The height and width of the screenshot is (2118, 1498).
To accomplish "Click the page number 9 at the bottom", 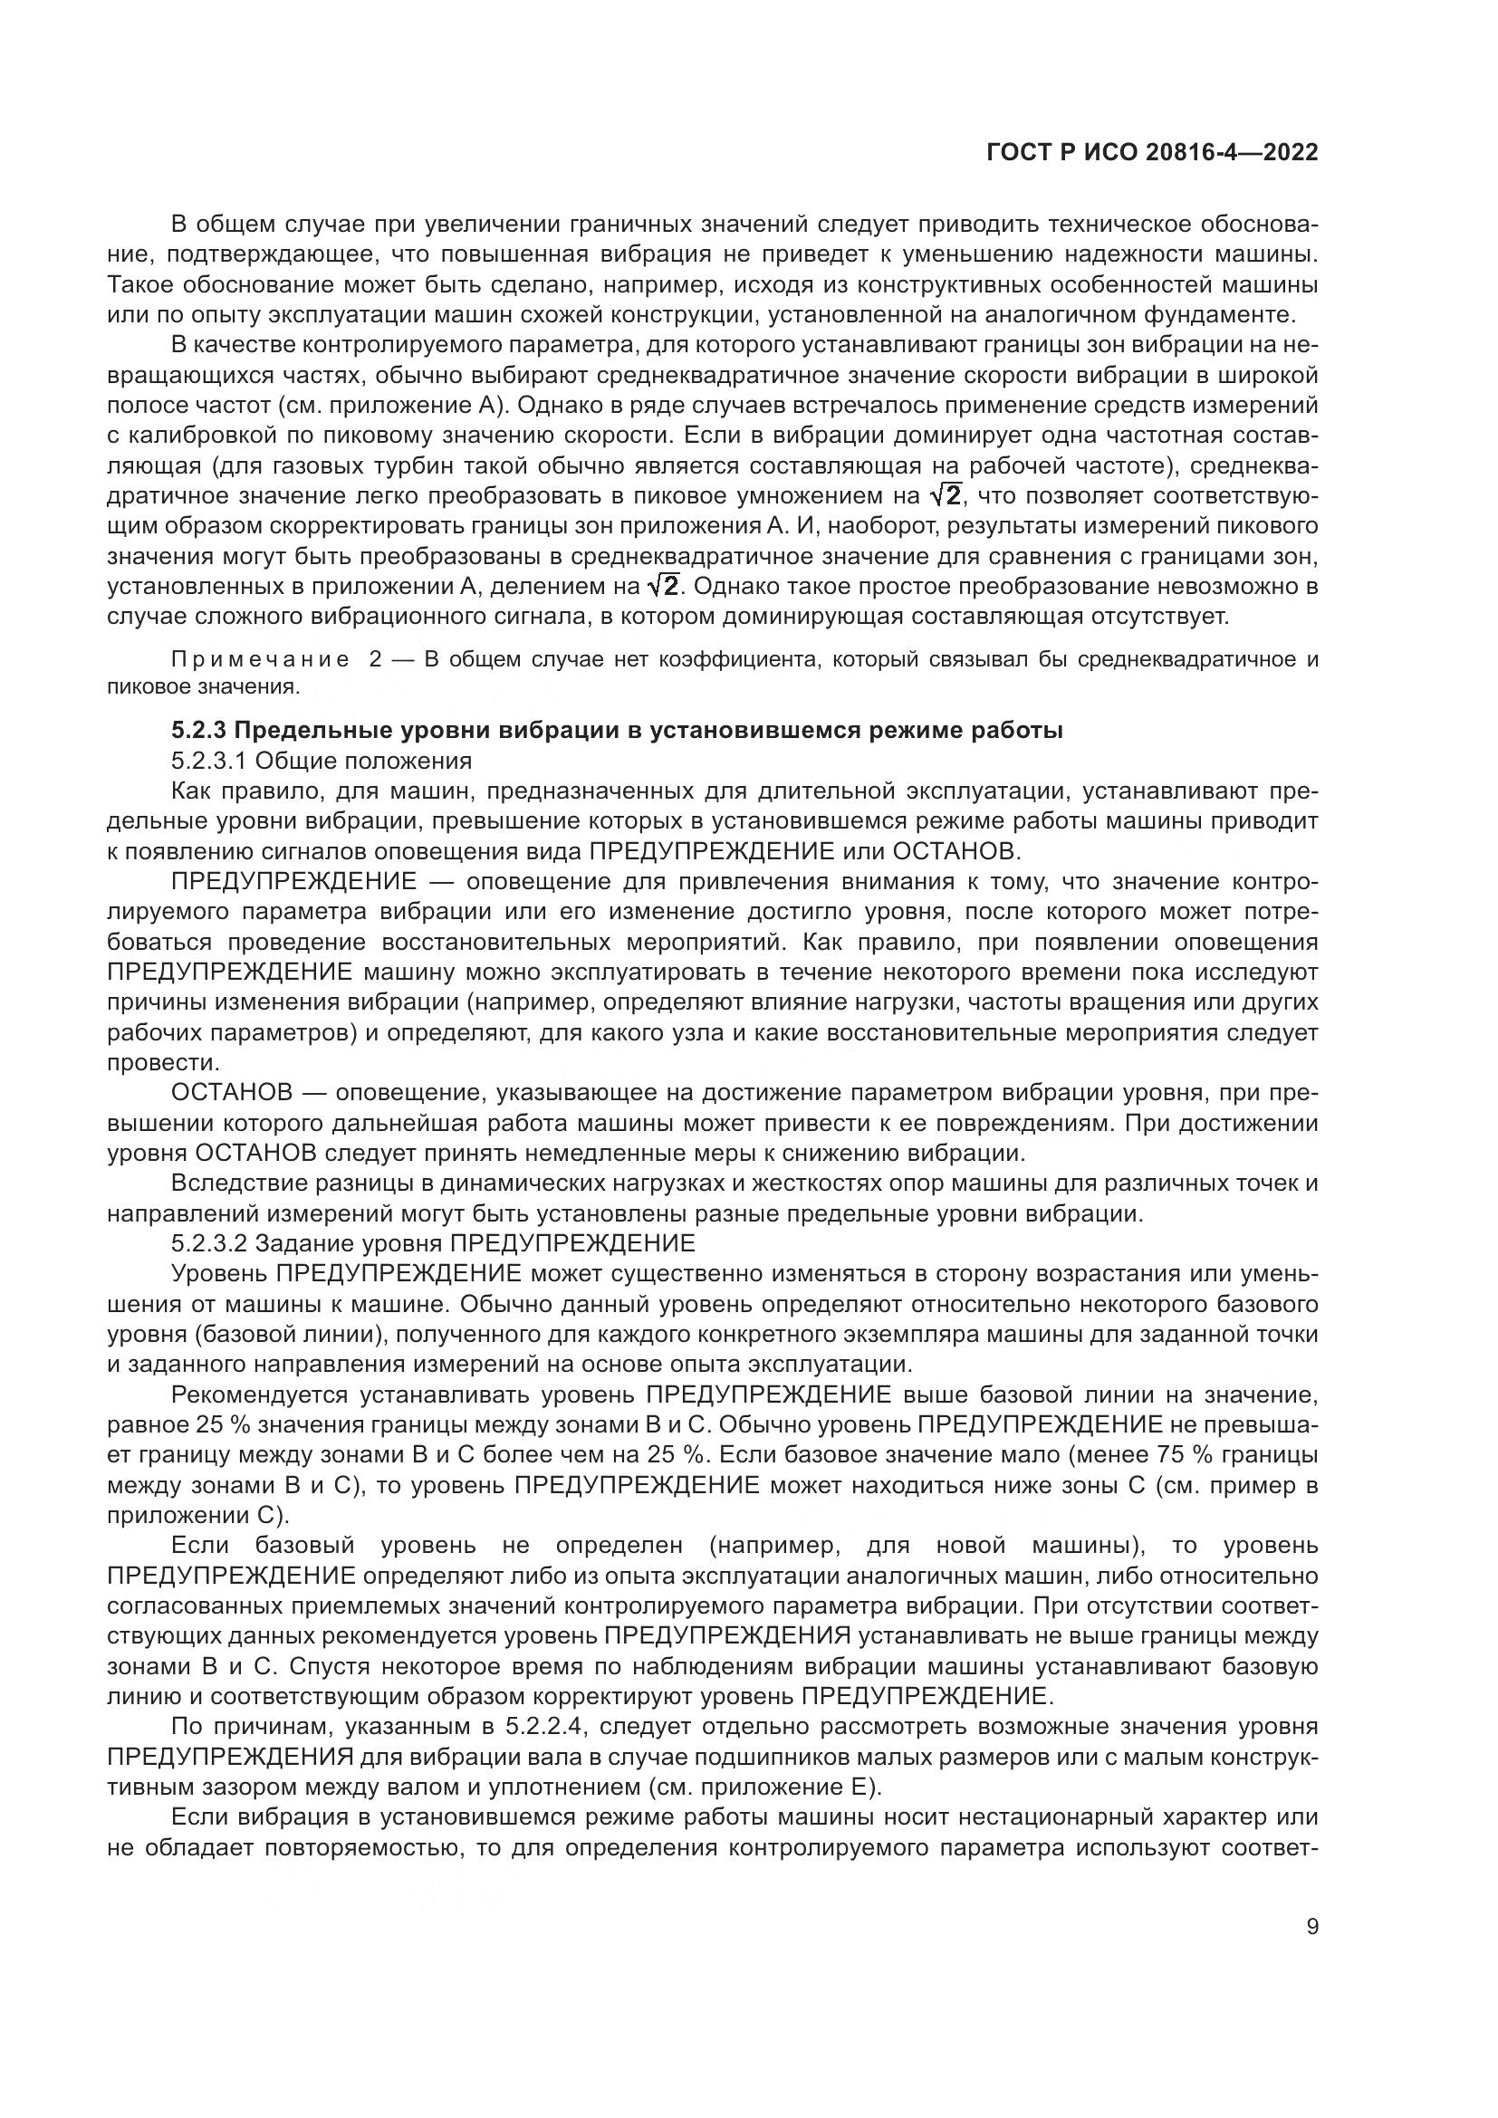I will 1312,1927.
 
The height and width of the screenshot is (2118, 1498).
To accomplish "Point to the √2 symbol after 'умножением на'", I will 946,496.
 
